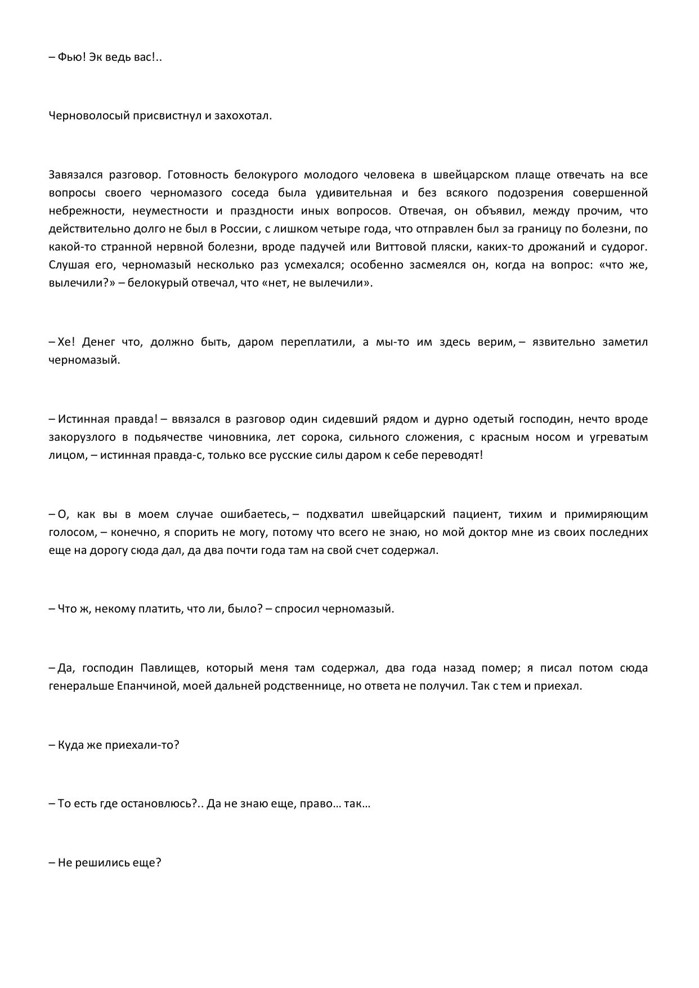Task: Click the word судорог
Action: pos(625,247)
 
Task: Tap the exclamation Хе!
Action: pos(66,342)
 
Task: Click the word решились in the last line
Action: pos(105,862)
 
